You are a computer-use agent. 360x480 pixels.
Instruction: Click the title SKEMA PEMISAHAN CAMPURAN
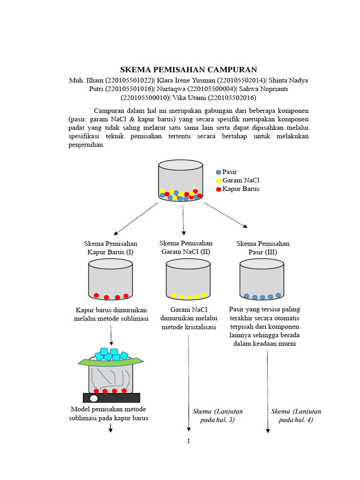click(188, 69)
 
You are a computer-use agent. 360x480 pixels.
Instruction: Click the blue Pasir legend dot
click(218, 172)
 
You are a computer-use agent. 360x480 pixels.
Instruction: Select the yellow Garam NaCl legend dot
click(218, 180)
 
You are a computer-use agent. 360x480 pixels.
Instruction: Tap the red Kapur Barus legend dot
click(218, 189)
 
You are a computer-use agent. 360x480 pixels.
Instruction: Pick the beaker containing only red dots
click(111, 280)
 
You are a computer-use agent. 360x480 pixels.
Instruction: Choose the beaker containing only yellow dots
click(188, 280)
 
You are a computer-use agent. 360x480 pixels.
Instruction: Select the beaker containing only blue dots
click(262, 280)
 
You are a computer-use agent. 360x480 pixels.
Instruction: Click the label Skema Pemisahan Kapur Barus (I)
click(111, 248)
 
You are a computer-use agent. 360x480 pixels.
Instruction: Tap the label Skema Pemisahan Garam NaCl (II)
click(186, 247)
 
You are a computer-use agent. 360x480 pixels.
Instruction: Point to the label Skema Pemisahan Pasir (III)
click(263, 248)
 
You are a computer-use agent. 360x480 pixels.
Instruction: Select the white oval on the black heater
click(94, 398)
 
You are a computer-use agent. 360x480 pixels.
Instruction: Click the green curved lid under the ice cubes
click(111, 362)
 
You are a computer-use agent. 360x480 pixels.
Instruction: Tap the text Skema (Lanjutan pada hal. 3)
click(217, 415)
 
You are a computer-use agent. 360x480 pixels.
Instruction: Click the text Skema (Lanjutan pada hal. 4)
click(296, 415)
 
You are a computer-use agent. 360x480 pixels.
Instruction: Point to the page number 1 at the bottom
click(188, 441)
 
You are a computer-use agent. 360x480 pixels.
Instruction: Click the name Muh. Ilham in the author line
click(86, 80)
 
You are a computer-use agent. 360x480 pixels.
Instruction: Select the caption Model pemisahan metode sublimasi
click(109, 413)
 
